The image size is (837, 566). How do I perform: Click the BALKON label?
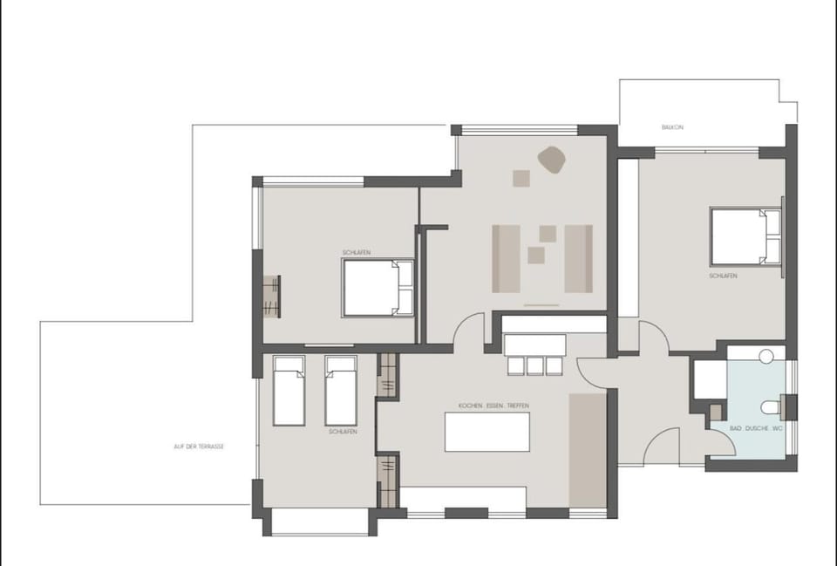click(x=672, y=127)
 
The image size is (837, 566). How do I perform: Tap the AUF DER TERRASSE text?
click(x=199, y=446)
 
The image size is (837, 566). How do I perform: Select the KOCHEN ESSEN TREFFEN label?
click(x=493, y=406)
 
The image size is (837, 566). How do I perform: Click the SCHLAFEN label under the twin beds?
click(x=343, y=432)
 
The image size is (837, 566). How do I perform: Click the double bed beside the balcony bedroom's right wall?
click(x=744, y=236)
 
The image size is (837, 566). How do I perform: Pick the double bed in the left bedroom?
click(x=377, y=288)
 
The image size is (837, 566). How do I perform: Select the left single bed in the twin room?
click(x=289, y=390)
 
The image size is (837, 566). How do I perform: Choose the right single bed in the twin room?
click(x=341, y=390)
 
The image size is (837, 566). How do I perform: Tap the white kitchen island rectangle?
click(x=487, y=432)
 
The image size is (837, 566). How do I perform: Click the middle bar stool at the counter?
click(x=535, y=366)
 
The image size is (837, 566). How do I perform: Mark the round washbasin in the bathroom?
click(x=766, y=356)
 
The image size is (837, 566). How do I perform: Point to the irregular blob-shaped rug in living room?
click(x=551, y=160)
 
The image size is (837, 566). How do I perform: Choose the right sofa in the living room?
click(x=578, y=258)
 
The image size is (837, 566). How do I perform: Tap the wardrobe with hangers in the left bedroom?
click(x=272, y=297)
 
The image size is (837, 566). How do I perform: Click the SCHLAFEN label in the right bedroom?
click(x=723, y=276)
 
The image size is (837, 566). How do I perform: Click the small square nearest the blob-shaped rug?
click(x=521, y=178)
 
